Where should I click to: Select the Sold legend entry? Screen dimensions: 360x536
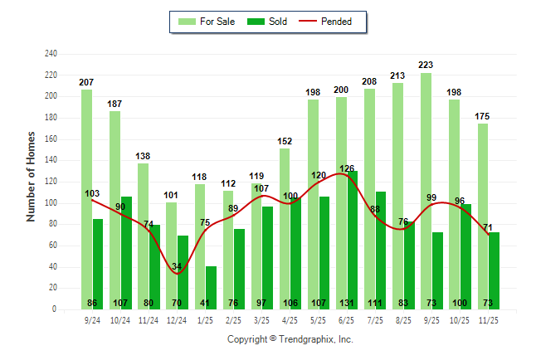pyautogui.click(x=268, y=22)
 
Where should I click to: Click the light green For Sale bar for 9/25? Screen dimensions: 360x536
pyautogui.click(x=426, y=191)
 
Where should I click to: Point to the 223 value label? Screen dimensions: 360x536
pyautogui.click(x=426, y=65)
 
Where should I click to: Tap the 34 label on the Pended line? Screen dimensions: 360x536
pyautogui.click(x=177, y=266)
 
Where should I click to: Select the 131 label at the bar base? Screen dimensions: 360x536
pyautogui.click(x=346, y=302)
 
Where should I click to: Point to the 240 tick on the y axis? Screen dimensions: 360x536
pyautogui.click(x=51, y=54)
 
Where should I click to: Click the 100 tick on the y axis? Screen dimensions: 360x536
pyautogui.click(x=51, y=203)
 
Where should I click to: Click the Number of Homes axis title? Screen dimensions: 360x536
pyautogui.click(x=31, y=176)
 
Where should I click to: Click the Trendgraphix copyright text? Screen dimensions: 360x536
pyautogui.click(x=290, y=339)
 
